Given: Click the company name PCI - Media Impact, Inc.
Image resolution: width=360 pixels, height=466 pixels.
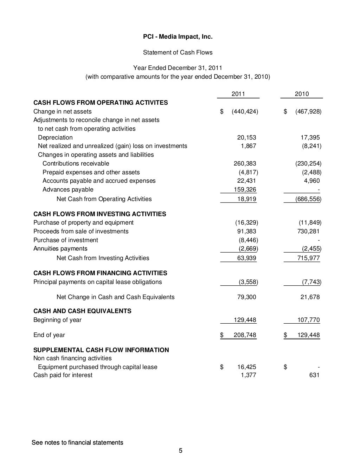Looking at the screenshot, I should tap(178, 37).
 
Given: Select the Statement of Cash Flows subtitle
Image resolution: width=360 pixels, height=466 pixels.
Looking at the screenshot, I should tap(178, 52).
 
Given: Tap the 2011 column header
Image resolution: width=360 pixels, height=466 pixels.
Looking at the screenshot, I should tap(238, 94).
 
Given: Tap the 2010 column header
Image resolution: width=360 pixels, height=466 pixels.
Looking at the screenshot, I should tap(302, 94).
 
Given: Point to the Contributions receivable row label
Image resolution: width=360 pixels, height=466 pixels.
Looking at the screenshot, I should tap(76, 163).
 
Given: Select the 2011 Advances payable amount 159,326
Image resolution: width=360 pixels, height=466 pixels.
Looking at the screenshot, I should tap(245, 190).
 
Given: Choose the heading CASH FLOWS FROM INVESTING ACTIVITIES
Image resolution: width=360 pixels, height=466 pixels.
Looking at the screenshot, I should tap(99, 214).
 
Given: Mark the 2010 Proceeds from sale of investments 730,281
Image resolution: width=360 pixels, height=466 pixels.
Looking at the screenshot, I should tap(306, 231).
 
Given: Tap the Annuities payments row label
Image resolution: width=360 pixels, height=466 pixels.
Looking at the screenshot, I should tap(60, 249).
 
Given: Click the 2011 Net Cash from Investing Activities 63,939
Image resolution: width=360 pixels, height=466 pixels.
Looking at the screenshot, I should tap(246, 258).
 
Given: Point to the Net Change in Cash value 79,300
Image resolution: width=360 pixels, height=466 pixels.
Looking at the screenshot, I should tap(246, 297).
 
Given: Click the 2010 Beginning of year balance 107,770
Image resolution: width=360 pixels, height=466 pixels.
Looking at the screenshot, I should tap(308, 320).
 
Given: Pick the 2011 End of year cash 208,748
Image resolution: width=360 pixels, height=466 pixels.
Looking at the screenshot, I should tap(245, 335).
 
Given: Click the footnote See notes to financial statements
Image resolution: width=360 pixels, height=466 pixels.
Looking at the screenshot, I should tap(77, 442).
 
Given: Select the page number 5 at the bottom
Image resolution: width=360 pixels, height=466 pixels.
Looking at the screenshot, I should tap(180, 451).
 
